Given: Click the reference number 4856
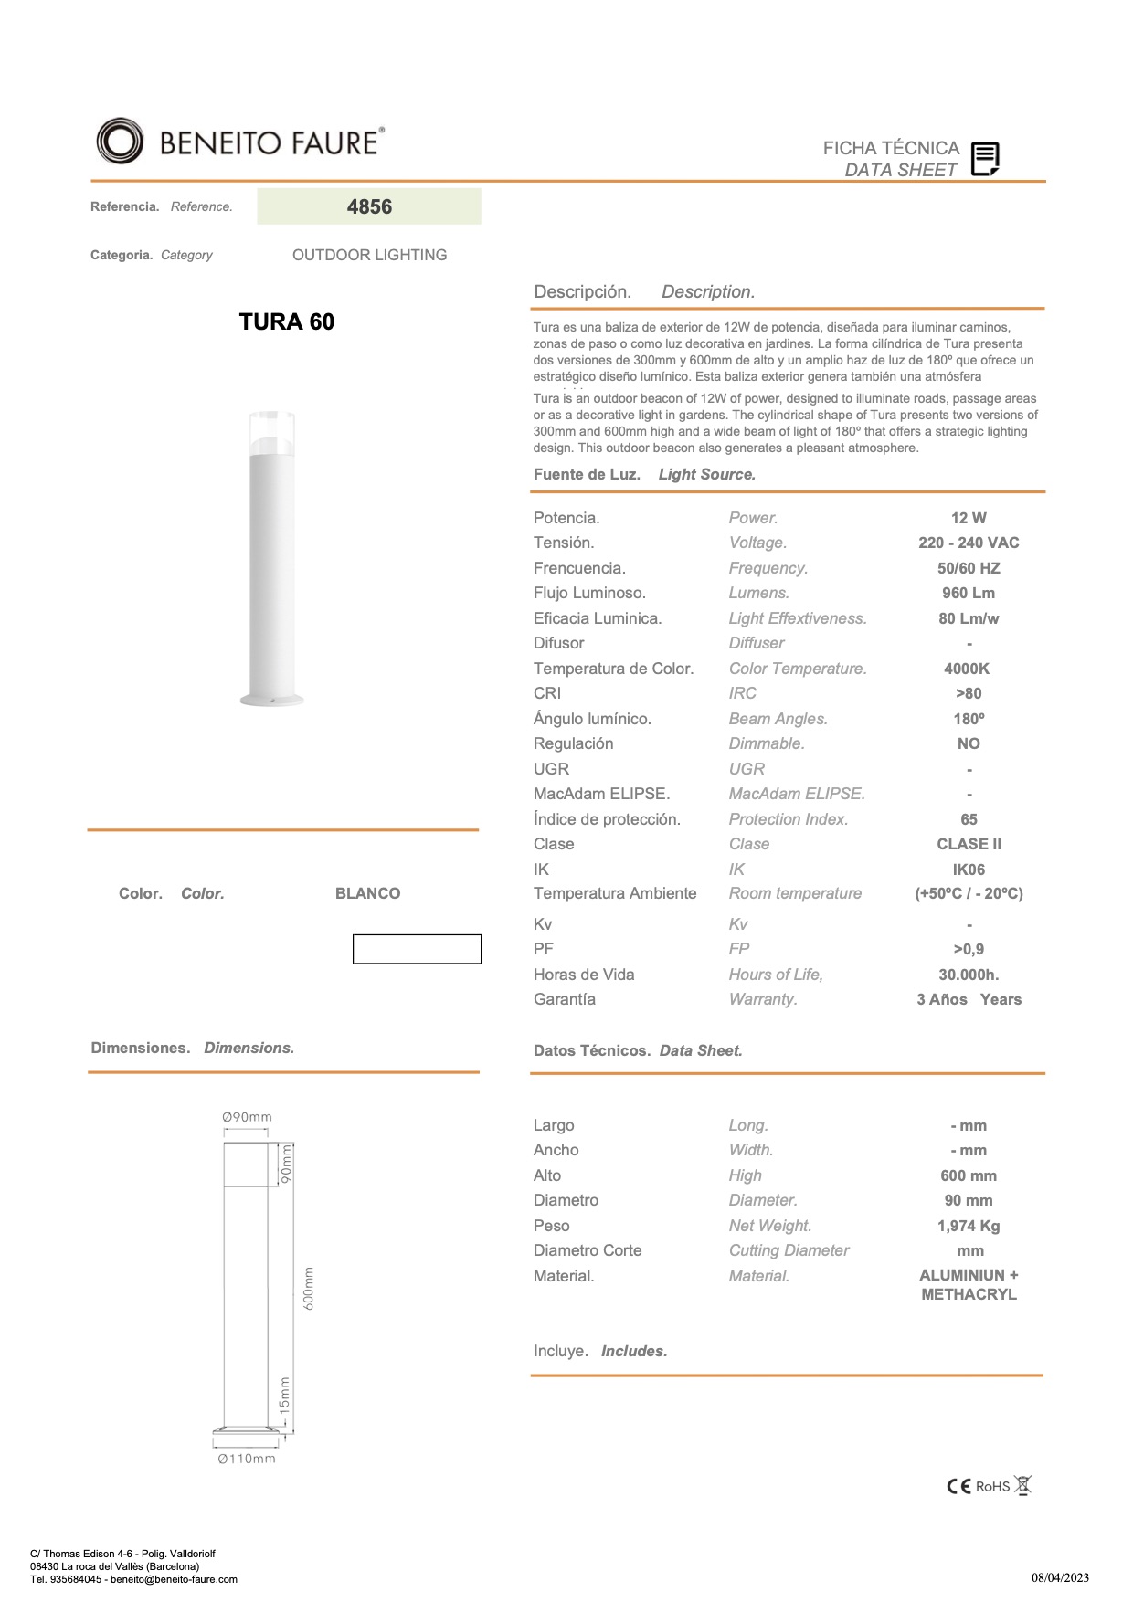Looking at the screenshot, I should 369,206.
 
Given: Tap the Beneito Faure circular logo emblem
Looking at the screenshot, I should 120,142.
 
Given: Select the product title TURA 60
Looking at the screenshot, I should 286,321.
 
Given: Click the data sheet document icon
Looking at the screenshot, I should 985,159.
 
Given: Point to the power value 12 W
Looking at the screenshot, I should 969,518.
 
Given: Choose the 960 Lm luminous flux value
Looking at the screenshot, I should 969,593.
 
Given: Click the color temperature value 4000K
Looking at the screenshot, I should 967,669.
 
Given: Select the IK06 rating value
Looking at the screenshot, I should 969,870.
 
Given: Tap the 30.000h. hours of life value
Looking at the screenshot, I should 969,975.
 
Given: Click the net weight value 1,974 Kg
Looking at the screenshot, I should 969,1226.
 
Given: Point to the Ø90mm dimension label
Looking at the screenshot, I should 247,1117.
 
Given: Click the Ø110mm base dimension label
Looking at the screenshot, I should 247,1459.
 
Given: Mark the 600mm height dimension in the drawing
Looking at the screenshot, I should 309,1288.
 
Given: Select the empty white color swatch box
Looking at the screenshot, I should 417,949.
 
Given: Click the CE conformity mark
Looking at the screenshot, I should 958,1486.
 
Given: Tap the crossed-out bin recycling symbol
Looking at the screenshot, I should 1023,1485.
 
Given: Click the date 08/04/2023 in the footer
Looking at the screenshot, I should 1060,1577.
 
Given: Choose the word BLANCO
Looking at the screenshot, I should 367,893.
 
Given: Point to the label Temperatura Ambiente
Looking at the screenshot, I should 615,893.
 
